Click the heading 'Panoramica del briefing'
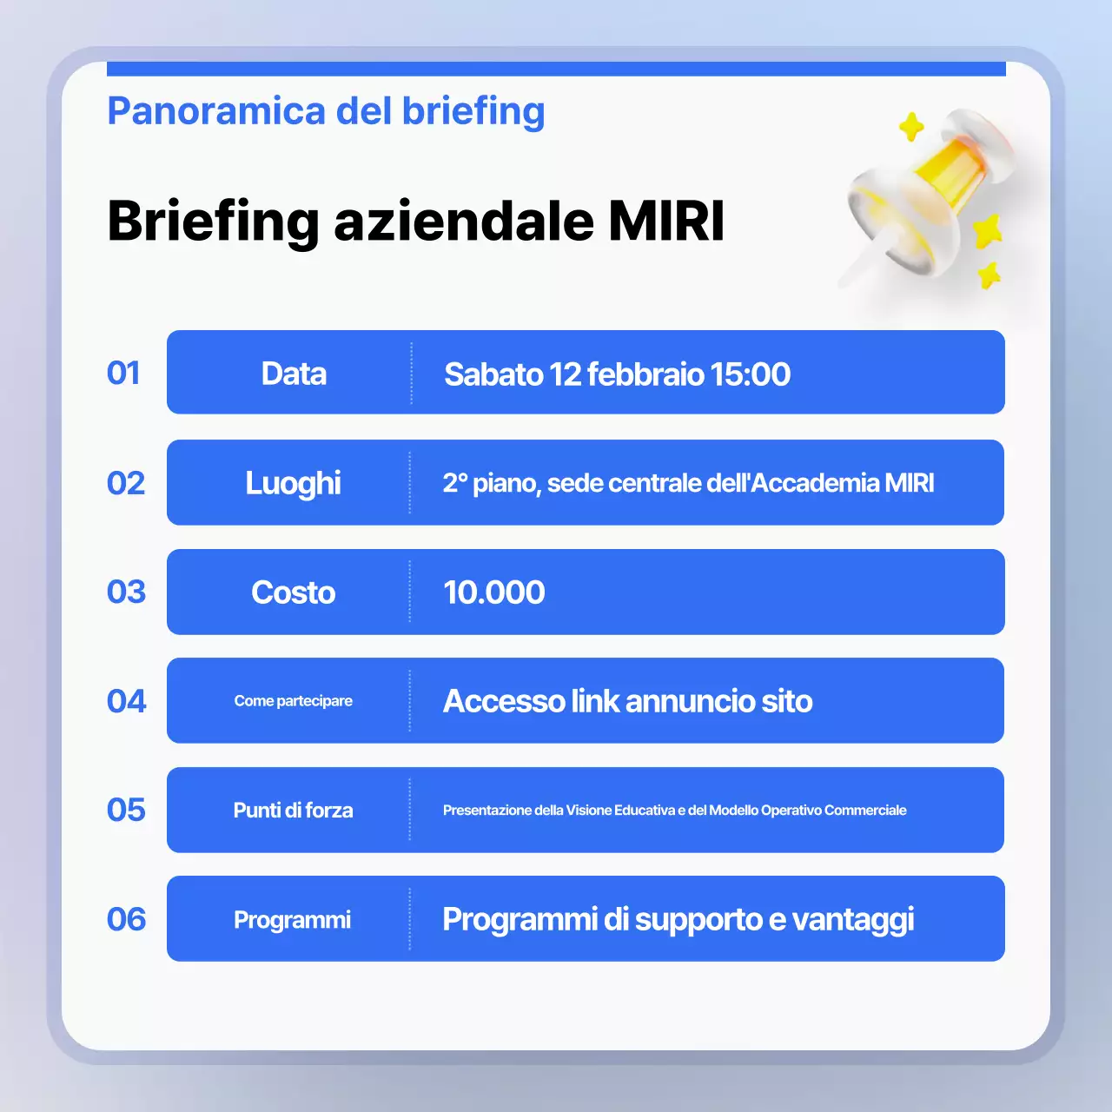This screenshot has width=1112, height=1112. [x=326, y=111]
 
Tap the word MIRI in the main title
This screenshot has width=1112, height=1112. [x=666, y=221]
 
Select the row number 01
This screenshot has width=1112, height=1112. [x=123, y=373]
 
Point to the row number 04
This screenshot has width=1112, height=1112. [x=126, y=701]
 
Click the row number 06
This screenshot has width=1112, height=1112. [x=126, y=919]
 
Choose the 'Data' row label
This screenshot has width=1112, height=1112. [x=294, y=374]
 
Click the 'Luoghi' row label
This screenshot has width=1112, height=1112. [x=293, y=483]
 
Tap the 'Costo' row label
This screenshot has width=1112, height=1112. [x=293, y=592]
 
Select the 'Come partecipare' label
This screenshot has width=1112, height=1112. [x=293, y=701]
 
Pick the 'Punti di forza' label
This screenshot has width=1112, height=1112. [x=293, y=811]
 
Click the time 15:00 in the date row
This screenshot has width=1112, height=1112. [x=750, y=374]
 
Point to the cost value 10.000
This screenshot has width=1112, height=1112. [x=493, y=592]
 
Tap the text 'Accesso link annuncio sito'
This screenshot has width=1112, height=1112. [x=627, y=701]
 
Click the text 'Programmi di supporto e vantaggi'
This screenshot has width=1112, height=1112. [x=678, y=919]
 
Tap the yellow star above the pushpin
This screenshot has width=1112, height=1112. [x=911, y=127]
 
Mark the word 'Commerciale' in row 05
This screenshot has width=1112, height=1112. [x=865, y=811]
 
